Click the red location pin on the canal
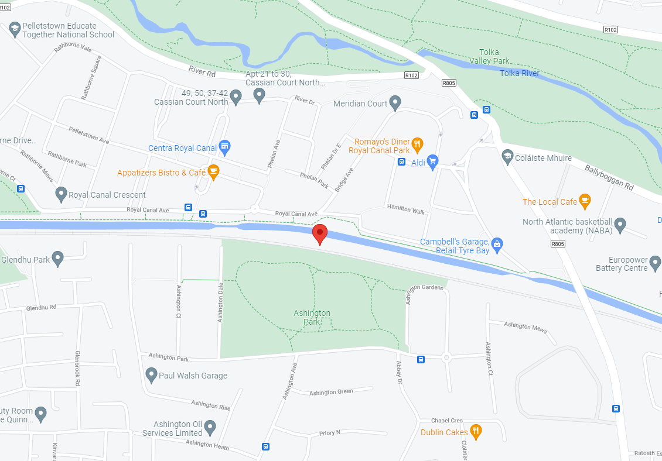tap(320, 233)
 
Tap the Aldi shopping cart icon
tap(433, 161)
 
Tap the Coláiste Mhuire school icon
tap(507, 156)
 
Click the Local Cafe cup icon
tap(584, 201)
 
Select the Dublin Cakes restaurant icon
tap(476, 432)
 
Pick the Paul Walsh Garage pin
tap(151, 374)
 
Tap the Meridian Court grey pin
tap(395, 102)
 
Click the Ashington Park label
tap(312, 318)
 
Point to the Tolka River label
tap(520, 73)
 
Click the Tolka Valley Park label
tap(489, 56)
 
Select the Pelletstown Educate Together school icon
tap(15, 28)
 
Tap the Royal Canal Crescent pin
tap(61, 194)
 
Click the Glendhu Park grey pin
tap(57, 258)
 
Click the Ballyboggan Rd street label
tap(609, 177)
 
